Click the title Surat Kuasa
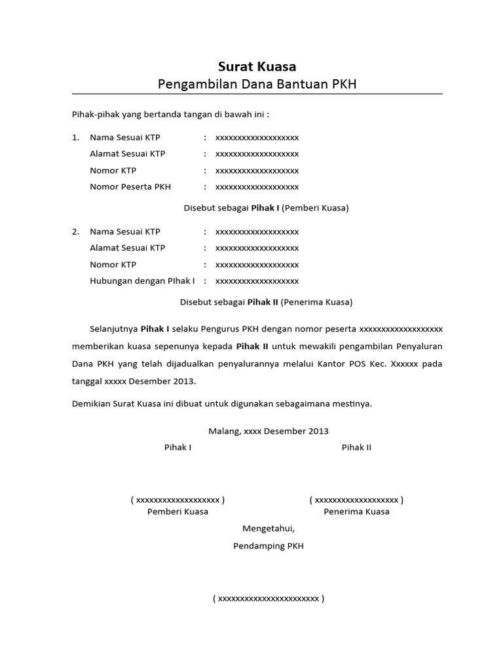tap(257, 66)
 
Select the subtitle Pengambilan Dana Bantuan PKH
tap(257, 85)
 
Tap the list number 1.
tap(75, 138)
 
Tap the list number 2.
tap(75, 231)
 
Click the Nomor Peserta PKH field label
tap(130, 187)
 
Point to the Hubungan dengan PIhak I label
tap(142, 280)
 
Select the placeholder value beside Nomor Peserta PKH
tap(257, 187)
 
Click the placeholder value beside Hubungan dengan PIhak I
tap(257, 280)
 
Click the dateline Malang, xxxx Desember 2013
tap(269, 431)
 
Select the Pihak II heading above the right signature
tap(356, 448)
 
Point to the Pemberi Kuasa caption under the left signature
tap(177, 511)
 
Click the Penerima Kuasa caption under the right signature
tap(356, 511)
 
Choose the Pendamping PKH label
tap(269, 546)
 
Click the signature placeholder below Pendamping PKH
tap(269, 598)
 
